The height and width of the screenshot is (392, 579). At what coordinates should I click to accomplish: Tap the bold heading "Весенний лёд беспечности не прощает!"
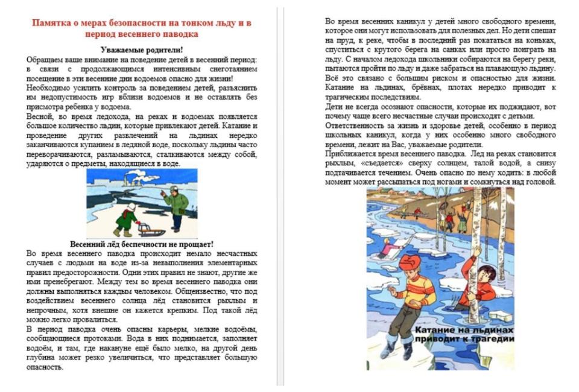pyautogui.click(x=142, y=244)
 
